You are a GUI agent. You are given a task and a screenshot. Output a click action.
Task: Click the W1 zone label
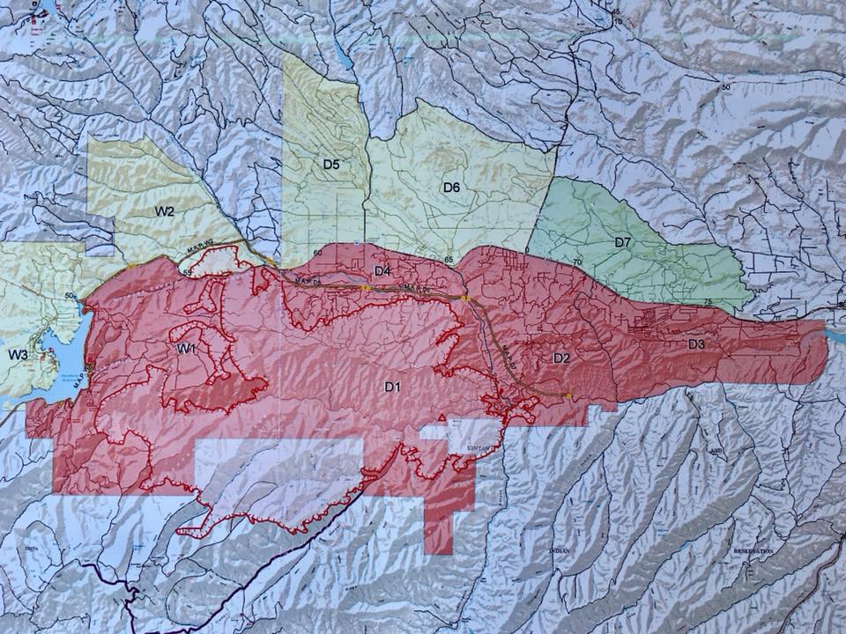[185, 349]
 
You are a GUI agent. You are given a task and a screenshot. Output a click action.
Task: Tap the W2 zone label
[164, 211]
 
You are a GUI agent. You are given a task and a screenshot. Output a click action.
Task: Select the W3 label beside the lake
[19, 354]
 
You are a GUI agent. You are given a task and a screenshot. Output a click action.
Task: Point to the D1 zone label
[393, 386]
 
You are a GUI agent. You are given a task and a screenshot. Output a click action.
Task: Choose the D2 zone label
[561, 358]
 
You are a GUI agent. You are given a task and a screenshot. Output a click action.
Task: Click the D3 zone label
[696, 343]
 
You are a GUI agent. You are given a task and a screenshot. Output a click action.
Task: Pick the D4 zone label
[382, 270]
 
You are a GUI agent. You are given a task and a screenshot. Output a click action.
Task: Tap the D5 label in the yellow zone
[331, 164]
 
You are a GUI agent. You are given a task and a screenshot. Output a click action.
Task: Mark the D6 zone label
[451, 187]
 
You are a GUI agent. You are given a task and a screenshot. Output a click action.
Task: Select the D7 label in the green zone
[623, 242]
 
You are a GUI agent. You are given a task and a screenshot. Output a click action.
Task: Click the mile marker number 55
[188, 273]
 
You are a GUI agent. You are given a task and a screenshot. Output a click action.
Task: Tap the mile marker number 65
[449, 260]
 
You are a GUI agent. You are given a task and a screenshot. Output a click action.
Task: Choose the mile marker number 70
[577, 262]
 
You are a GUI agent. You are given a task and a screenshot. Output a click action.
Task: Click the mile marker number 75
[708, 302]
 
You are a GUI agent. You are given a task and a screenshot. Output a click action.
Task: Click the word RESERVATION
[753, 550]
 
